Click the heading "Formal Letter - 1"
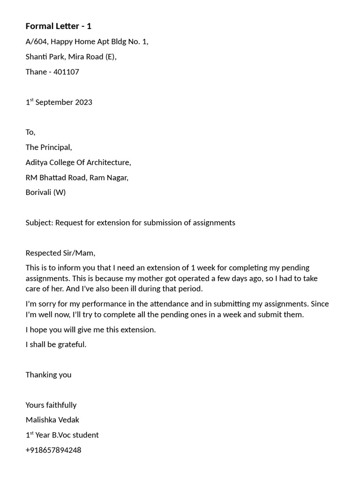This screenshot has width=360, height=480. pos(59,26)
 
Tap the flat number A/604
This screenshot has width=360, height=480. pos(37,42)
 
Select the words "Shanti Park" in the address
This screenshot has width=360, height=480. pos(45,57)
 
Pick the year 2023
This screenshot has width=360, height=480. pos(83,102)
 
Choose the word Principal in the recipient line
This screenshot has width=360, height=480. pos(56,147)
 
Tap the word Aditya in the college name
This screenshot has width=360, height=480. pos(37,162)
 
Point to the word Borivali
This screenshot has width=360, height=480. pos(38,192)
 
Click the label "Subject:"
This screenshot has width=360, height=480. pos(39,223)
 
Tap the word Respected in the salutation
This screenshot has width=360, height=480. pos(43,253)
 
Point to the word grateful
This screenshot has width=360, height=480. pos(72,345)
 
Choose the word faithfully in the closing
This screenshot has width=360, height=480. pos(61,405)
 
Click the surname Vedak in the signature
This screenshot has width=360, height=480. pos(68,420)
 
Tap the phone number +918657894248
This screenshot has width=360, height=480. pos(53,450)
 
